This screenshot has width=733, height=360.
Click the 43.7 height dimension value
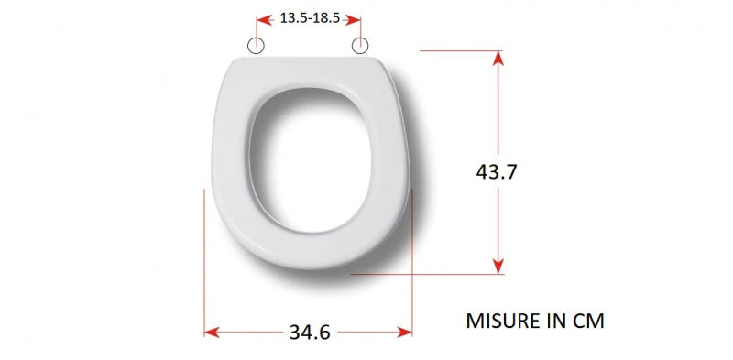tap(497, 171)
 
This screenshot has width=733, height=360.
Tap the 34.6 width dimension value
tap(310, 332)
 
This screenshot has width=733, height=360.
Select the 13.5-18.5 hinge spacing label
tap(310, 18)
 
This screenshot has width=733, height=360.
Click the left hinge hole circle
tap(256, 46)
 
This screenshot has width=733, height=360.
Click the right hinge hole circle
tap(360, 46)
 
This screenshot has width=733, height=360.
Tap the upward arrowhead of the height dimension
tap(498, 58)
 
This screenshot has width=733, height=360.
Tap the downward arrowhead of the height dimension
tap(498, 266)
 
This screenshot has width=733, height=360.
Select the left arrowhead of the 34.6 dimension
tap(212, 333)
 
